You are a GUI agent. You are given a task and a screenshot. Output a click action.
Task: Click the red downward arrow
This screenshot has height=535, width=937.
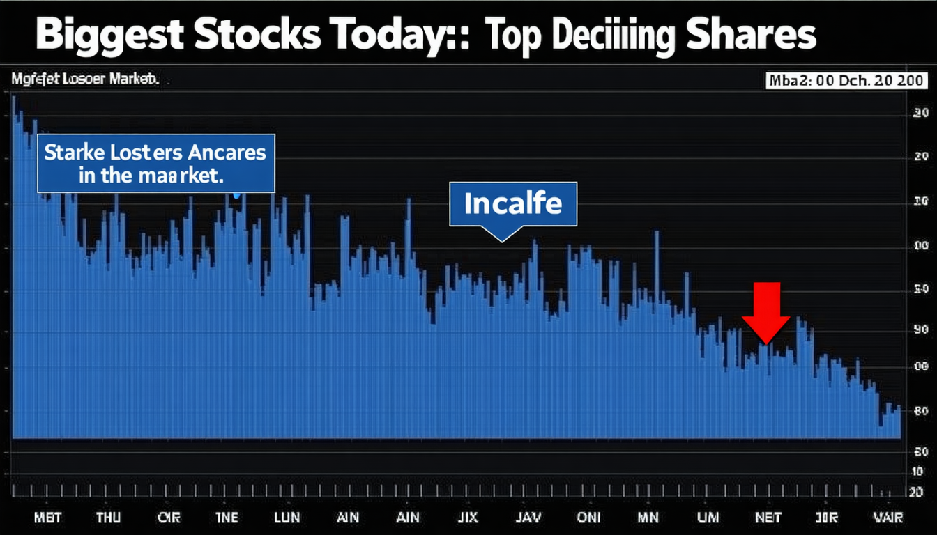tap(765, 313)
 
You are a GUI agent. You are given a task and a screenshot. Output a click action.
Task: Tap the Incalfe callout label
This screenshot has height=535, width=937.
tap(513, 203)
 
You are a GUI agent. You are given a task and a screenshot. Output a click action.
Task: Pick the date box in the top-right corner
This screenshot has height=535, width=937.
tap(845, 81)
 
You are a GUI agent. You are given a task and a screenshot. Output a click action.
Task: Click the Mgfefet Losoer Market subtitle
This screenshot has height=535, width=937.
tap(85, 80)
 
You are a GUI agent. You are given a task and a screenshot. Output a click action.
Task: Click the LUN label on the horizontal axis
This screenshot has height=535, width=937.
tap(286, 518)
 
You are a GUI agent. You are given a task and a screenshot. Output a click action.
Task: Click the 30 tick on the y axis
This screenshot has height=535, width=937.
tap(920, 114)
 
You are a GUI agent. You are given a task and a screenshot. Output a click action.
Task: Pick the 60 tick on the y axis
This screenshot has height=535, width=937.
tap(920, 452)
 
